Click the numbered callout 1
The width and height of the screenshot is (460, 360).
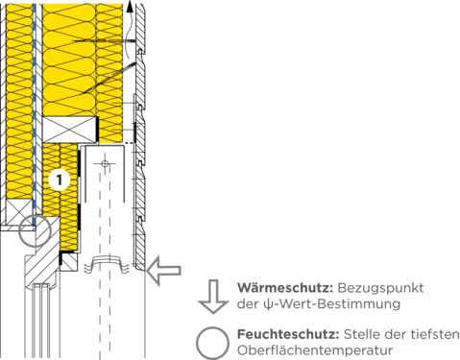pyautogui.click(x=60, y=180)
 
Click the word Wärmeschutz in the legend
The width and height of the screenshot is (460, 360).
pyautogui.click(x=285, y=288)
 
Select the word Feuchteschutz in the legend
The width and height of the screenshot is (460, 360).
pyautogui.click(x=288, y=335)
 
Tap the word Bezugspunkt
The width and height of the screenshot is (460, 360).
pyautogui.click(x=380, y=288)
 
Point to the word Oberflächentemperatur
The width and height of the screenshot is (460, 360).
pyautogui.click(x=315, y=350)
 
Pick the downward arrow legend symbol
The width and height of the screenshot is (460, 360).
pyautogui.click(x=213, y=297)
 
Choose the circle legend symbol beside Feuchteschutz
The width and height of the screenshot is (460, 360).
pyautogui.click(x=212, y=343)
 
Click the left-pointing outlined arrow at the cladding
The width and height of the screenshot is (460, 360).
pyautogui.click(x=163, y=271)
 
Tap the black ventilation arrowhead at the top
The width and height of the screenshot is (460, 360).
pyautogui.click(x=130, y=6)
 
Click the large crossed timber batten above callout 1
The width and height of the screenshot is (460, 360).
pyautogui.click(x=70, y=130)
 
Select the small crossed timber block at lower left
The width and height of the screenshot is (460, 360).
pyautogui.click(x=19, y=212)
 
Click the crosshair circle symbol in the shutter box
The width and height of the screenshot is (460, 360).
pyautogui.click(x=105, y=164)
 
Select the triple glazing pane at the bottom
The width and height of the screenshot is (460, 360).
pyautogui.click(x=40, y=321)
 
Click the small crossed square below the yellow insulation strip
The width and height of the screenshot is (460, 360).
pyautogui.click(x=69, y=261)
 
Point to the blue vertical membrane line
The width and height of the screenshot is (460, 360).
pyautogui.click(x=35, y=108)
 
